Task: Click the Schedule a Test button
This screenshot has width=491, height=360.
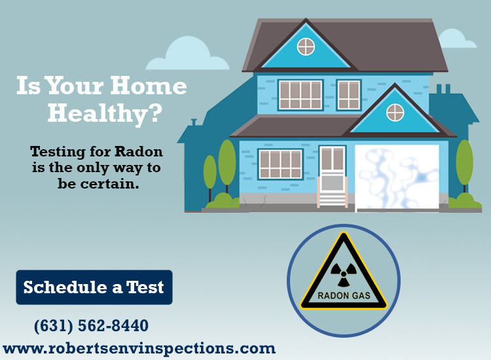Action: pos(94,287)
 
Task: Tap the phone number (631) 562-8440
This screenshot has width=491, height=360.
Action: pos(91,325)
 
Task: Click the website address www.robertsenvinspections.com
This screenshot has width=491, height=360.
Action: pos(139,348)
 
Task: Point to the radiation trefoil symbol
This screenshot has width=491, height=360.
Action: pos(344,274)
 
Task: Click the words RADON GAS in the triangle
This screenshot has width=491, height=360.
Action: pos(344,295)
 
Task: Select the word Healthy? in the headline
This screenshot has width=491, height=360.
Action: pos(105,113)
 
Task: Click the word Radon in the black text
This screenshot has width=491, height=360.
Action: pos(138,151)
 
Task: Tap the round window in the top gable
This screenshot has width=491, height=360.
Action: pos(306,46)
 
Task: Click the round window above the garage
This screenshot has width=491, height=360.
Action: pos(395,113)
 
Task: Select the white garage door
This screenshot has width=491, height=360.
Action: pos(397,177)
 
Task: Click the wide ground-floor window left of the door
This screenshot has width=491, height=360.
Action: pos(281,164)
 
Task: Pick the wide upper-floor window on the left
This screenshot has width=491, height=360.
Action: pos(300,95)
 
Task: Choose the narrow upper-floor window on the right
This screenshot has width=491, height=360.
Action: pos(349,95)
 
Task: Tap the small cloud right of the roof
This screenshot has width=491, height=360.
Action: pos(457,39)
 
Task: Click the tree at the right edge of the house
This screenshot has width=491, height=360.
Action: pos(464,166)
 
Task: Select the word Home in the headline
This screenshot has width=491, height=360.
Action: pos(149,86)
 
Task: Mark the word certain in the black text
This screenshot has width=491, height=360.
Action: pos(109,184)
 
